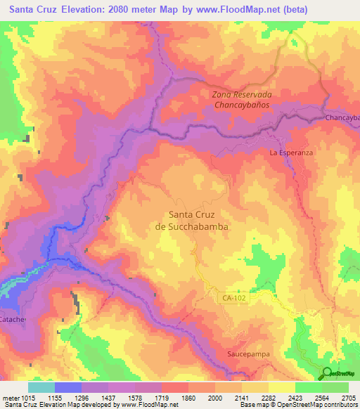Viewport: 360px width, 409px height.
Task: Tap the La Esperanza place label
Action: (x=290, y=152)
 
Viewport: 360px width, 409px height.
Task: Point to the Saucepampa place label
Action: (x=247, y=355)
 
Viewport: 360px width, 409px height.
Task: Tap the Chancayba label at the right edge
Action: (x=342, y=118)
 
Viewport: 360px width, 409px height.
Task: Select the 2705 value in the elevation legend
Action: (x=348, y=398)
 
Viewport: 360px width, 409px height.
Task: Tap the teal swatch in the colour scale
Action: (x=41, y=387)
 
